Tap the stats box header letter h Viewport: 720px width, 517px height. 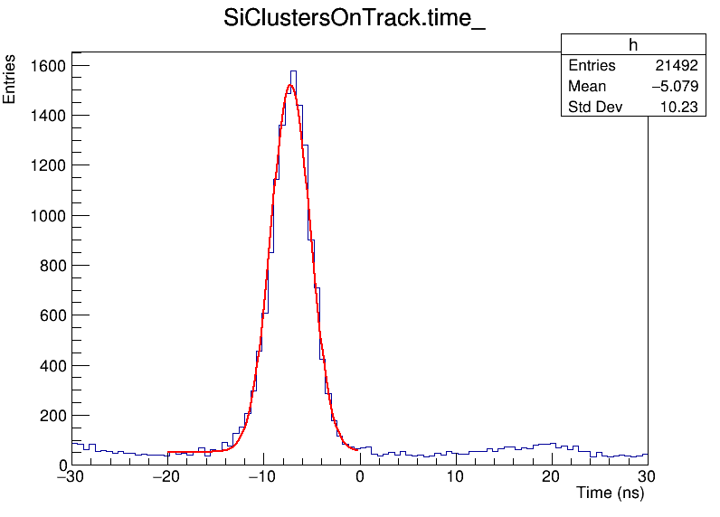point(633,45)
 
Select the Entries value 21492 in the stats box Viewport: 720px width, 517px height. point(677,66)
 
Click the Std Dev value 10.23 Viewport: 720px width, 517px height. point(679,108)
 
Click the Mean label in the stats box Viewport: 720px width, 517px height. point(587,87)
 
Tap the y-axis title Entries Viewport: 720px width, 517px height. point(10,79)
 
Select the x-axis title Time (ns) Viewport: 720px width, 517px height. point(610,493)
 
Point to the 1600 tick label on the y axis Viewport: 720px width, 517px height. point(46,66)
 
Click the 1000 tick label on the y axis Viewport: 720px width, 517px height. point(46,216)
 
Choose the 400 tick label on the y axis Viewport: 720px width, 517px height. point(51,366)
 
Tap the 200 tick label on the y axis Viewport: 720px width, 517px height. point(51,416)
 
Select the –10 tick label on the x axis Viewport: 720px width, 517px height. point(261,475)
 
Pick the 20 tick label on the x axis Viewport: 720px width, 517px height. point(552,475)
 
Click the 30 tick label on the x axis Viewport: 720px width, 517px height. point(648,475)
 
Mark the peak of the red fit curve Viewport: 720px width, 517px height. point(290,85)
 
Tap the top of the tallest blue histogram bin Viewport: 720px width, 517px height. point(293,70)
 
